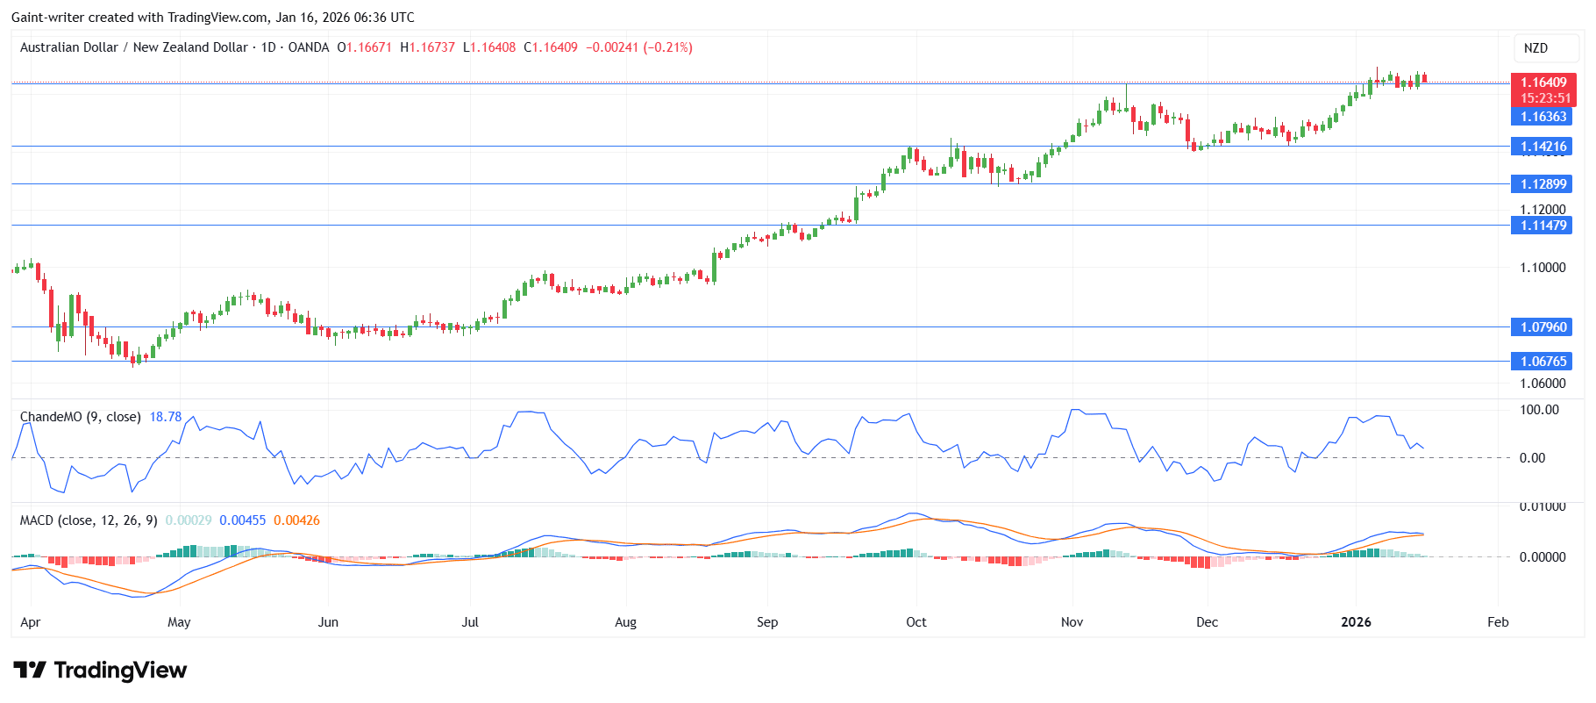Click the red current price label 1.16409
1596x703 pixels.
1543,82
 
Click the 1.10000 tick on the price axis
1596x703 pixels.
1543,268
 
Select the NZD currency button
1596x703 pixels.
1535,48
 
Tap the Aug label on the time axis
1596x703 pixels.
625,622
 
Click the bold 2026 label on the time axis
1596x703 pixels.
1356,622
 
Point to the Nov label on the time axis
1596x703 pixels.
1072,622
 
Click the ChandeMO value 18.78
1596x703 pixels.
165,417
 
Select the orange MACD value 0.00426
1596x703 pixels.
296,520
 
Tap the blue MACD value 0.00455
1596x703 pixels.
242,520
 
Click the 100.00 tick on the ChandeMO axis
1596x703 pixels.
1539,410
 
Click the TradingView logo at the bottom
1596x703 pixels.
100,671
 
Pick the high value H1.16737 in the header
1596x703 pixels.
428,47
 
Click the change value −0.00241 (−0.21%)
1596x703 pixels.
638,47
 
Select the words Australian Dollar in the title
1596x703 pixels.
68,47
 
